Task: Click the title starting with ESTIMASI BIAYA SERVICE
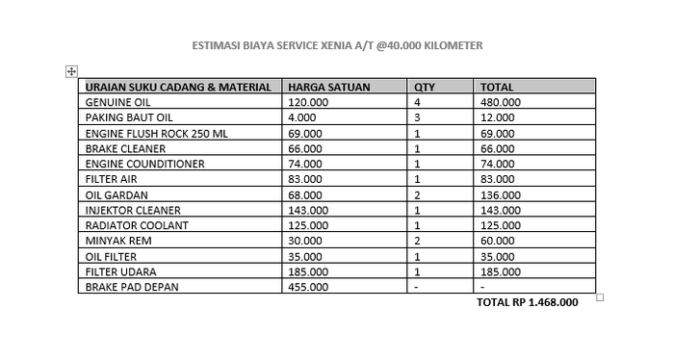pyautogui.click(x=336, y=45)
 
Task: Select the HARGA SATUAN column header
pyautogui.click(x=329, y=87)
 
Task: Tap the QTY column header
pyautogui.click(x=425, y=87)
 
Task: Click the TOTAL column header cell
pyautogui.click(x=497, y=87)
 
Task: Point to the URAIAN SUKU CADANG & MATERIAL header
pyautogui.click(x=178, y=87)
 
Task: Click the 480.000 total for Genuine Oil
pyautogui.click(x=501, y=102)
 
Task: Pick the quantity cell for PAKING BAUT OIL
pyautogui.click(x=417, y=117)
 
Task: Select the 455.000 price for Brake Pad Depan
pyautogui.click(x=309, y=287)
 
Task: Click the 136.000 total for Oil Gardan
pyautogui.click(x=501, y=194)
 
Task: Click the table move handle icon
pyautogui.click(x=71, y=71)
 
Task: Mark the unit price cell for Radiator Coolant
pyautogui.click(x=309, y=225)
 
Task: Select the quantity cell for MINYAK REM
pyautogui.click(x=417, y=241)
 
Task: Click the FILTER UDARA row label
pyautogui.click(x=121, y=271)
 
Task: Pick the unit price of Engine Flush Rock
pyautogui.click(x=306, y=133)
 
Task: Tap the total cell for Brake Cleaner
pyautogui.click(x=498, y=148)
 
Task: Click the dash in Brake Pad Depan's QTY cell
pyautogui.click(x=417, y=287)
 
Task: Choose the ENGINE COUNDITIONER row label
pyautogui.click(x=144, y=164)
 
